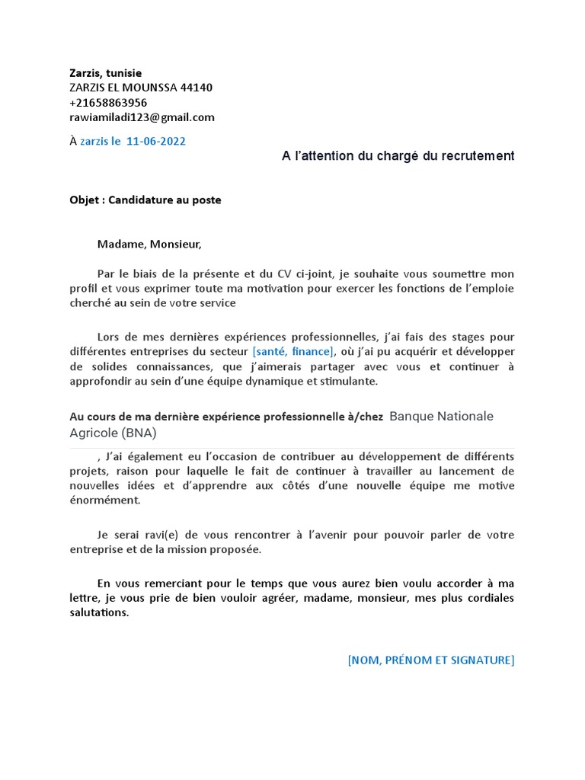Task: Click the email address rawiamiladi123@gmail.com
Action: pos(142,117)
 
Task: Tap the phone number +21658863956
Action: pos(108,102)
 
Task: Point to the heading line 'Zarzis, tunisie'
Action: pos(105,72)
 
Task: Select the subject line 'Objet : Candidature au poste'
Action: pos(145,200)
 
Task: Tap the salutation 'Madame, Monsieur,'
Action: pos(149,245)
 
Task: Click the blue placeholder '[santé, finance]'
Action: pos(293,351)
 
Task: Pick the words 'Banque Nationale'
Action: pos(441,417)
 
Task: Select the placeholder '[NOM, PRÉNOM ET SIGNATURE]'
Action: pos(430,660)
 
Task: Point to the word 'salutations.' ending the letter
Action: pos(99,612)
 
